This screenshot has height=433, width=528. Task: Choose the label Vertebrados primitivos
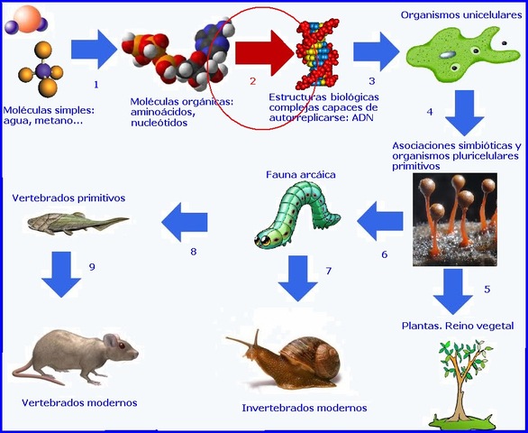[68, 197]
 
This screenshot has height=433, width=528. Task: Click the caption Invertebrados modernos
[305, 408]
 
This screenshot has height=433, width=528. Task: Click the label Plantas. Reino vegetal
[458, 325]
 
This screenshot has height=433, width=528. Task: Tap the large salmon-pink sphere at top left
[28, 17]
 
